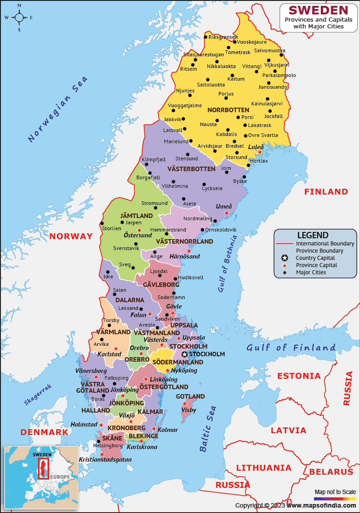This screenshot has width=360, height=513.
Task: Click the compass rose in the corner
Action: click(x=19, y=18)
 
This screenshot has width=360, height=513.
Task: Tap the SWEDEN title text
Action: click(x=318, y=10)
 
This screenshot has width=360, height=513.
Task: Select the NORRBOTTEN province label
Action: click(x=228, y=110)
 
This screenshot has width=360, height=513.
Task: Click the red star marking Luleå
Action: click(x=260, y=152)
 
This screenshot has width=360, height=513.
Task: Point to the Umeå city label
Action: click(x=224, y=206)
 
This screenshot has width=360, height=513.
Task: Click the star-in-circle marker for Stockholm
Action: click(x=184, y=354)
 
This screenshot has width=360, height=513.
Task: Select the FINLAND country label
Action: click(x=326, y=192)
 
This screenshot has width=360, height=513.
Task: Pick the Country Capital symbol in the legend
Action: click(x=284, y=258)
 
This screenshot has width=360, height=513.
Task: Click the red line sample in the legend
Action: click(x=284, y=244)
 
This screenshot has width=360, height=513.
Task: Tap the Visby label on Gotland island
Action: click(x=189, y=410)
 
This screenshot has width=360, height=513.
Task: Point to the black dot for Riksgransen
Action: click(x=206, y=37)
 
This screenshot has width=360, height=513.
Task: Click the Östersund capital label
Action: click(x=138, y=235)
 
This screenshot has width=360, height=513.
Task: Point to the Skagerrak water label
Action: click(x=38, y=395)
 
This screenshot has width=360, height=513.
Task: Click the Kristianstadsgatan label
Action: click(x=105, y=460)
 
